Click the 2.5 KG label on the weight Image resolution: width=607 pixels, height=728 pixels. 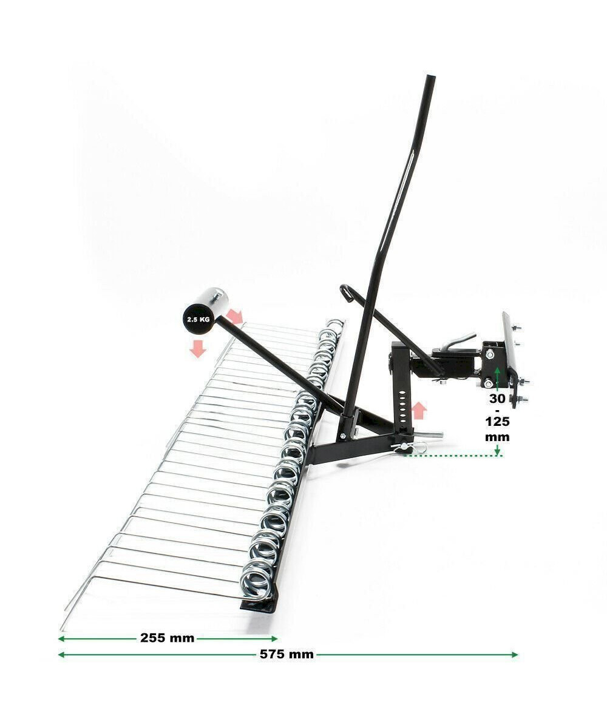coord(198,319)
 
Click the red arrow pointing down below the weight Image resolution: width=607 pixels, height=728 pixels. coord(198,349)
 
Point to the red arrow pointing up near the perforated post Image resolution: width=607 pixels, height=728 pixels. coord(419,410)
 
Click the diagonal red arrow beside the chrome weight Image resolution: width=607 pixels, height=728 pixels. coord(234,316)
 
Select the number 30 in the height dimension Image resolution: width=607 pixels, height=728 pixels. coord(497,399)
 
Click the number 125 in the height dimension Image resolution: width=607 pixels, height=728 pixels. coord(497,422)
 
